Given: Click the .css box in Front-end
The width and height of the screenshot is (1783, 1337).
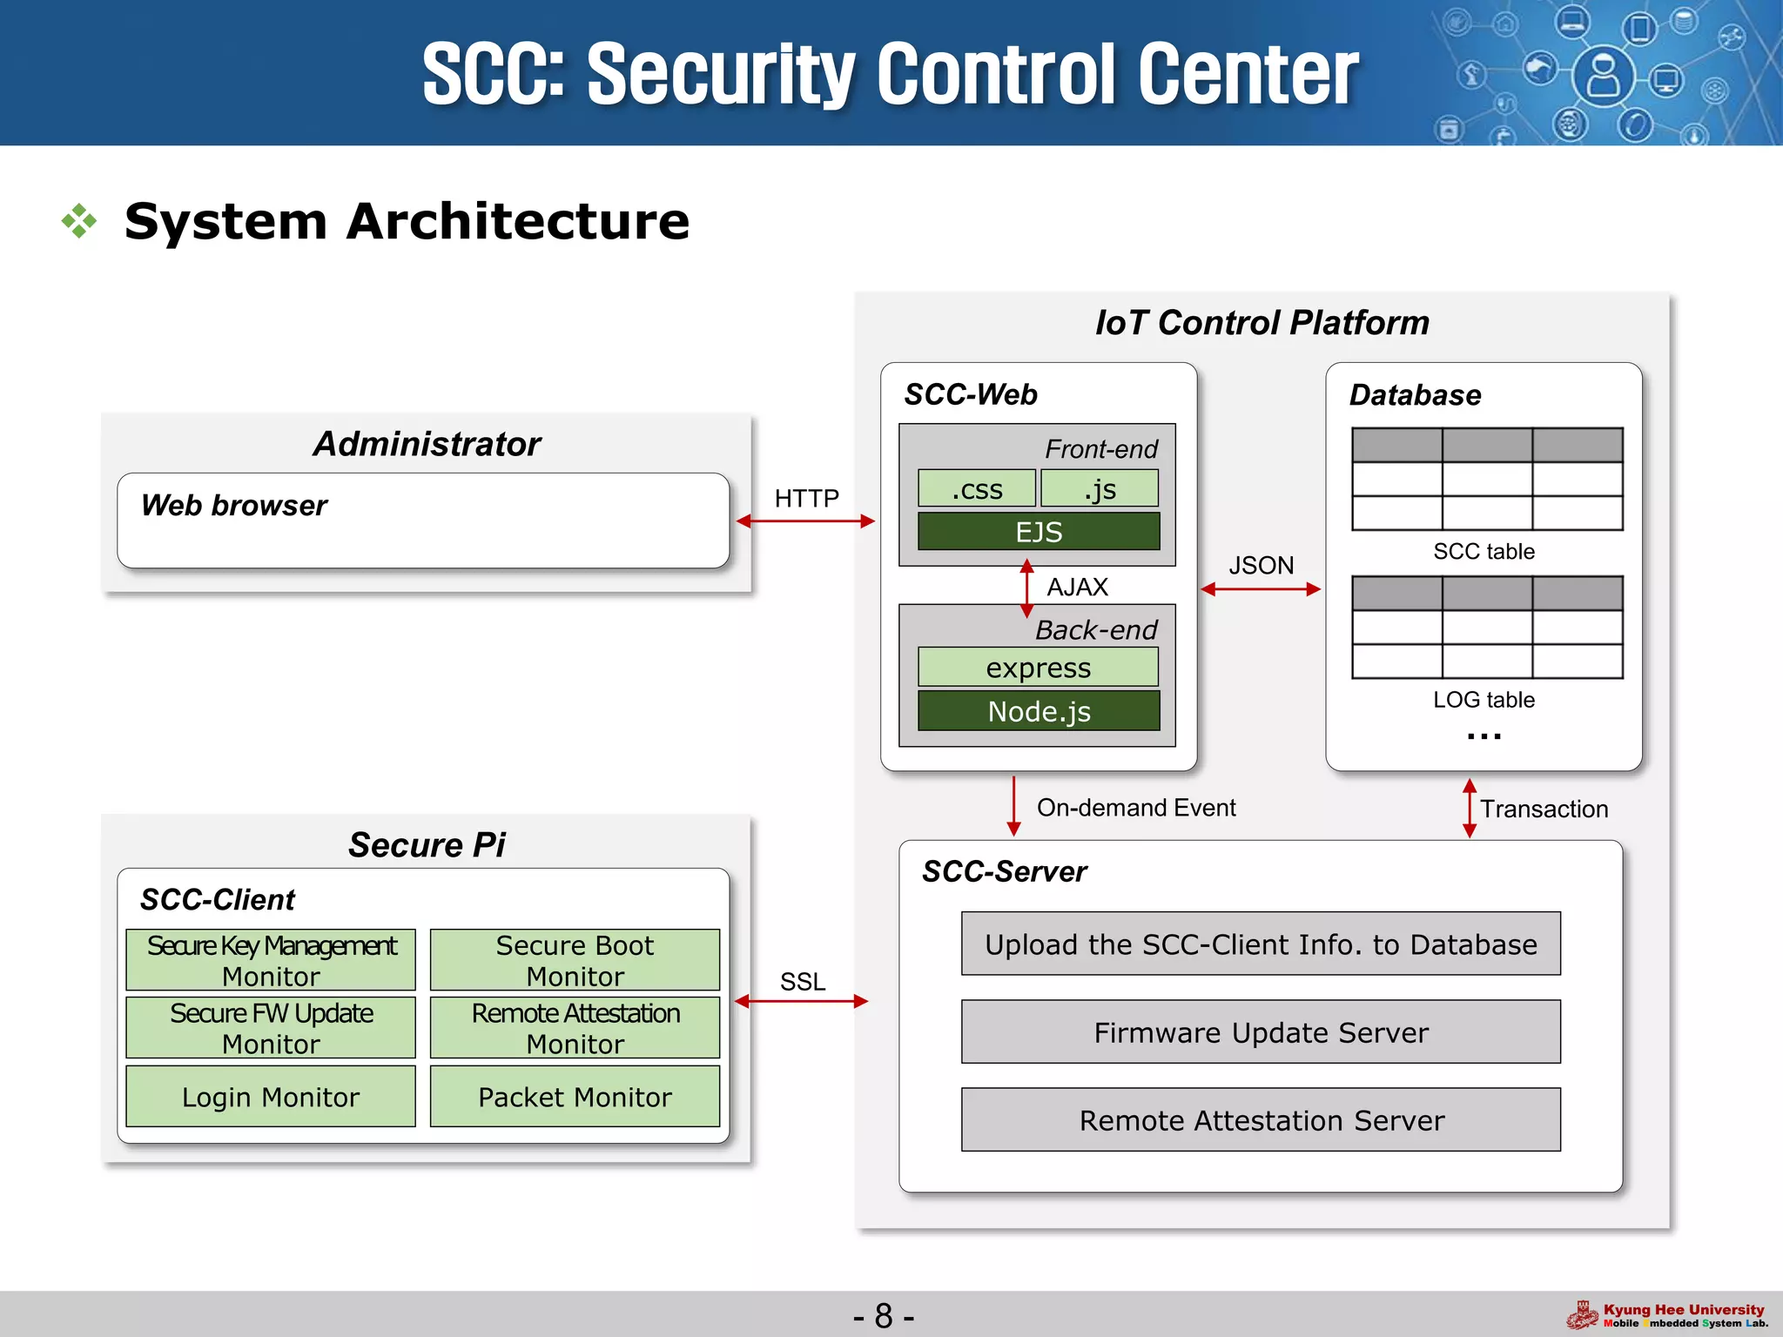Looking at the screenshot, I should point(976,488).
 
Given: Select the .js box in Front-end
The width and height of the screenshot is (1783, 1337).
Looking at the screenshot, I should point(1100,488).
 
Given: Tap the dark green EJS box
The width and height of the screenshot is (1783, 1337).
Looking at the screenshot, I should point(1038,531).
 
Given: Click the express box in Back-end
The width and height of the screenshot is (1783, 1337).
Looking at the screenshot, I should point(1038,668).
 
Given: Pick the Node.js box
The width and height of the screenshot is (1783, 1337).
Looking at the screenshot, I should point(1038,711).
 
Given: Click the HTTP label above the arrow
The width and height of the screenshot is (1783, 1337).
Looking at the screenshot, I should point(806,498).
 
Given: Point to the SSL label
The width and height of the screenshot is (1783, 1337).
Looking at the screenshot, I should point(802,981).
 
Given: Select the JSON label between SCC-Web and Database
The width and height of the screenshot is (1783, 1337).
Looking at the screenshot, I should point(1261,565).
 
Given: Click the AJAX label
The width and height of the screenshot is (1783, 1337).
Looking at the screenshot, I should point(1077,587).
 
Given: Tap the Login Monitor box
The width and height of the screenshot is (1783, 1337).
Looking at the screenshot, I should point(271,1097).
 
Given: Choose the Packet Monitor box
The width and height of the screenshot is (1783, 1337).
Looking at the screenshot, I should point(575,1097).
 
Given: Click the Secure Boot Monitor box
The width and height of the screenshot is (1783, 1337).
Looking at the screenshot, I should point(575,960).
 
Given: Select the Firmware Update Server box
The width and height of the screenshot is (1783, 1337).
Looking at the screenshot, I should point(1261,1032).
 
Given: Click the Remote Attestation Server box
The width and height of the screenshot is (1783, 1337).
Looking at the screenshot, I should point(1261,1120).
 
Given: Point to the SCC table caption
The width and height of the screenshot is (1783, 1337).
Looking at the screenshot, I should point(1484,551).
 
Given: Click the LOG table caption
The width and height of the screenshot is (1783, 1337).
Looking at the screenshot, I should point(1484,699).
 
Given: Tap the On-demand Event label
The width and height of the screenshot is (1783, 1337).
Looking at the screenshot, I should point(1135,808).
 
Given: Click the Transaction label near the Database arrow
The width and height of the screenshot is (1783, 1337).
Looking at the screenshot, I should point(1544,809).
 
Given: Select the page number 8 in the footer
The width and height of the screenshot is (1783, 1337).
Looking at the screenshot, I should point(884,1315).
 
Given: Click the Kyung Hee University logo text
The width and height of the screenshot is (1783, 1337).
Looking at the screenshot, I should point(1683,1309).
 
